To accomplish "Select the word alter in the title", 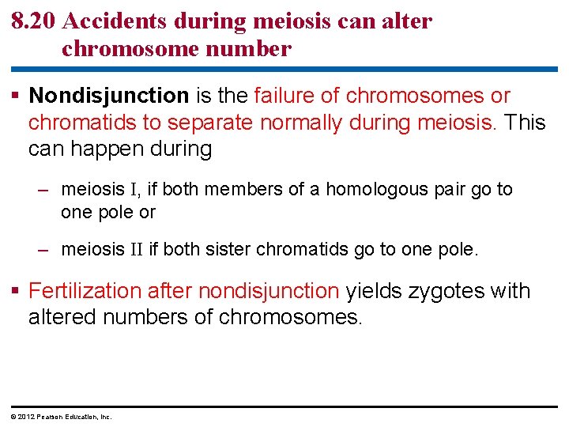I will [405, 21].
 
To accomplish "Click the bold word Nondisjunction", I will [109, 96].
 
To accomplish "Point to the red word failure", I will [287, 96].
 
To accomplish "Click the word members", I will [237, 190].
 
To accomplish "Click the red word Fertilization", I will [85, 291].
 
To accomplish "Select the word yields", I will [374, 291].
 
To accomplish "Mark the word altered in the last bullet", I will [58, 317].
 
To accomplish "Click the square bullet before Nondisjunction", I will [17, 96].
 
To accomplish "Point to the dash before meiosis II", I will [46, 250].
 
